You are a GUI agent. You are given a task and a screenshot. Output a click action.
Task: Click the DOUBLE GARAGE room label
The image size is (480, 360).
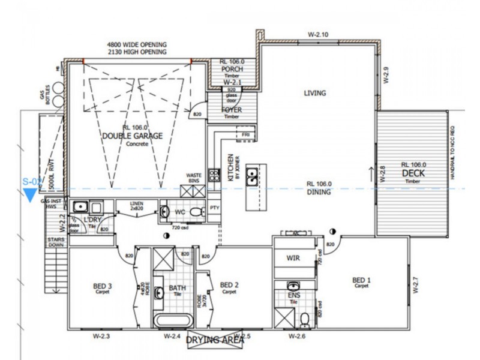pyautogui.click(x=132, y=136)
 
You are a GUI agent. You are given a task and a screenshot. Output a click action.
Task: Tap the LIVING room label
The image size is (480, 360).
pyautogui.click(x=314, y=93)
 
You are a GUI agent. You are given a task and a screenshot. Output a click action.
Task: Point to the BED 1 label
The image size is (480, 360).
pyautogui.click(x=361, y=280)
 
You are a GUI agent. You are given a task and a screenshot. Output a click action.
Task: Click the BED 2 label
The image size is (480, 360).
pyautogui.click(x=229, y=285)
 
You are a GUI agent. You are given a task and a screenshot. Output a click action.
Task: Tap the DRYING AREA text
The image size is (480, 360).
pyautogui.click(x=214, y=340)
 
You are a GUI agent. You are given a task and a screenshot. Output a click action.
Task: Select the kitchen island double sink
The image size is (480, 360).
pyautogui.click(x=254, y=177)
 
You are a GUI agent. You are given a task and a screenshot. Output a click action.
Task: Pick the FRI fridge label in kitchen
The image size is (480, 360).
pyautogui.click(x=246, y=135)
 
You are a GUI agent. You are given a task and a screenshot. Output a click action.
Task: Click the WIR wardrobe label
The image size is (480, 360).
pyautogui.click(x=293, y=259)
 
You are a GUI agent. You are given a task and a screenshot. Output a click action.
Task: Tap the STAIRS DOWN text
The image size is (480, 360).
pyautogui.click(x=55, y=242)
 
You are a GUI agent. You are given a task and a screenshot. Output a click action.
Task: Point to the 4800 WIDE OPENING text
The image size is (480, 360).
pyautogui.click(x=137, y=44)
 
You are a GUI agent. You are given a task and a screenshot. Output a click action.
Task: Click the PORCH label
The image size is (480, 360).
pyautogui.click(x=232, y=69)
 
